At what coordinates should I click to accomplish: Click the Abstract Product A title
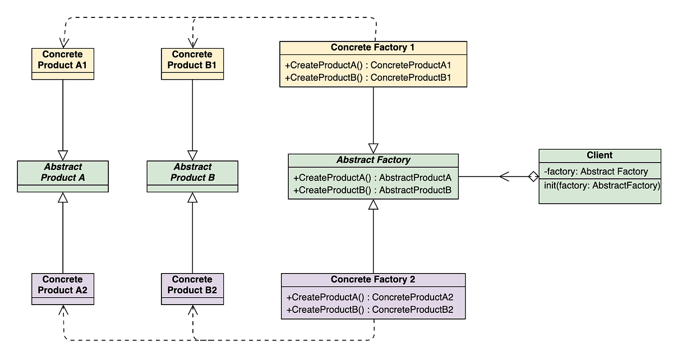click(62, 172)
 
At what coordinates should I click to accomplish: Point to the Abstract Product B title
click(192, 172)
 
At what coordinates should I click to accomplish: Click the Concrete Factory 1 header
click(373, 47)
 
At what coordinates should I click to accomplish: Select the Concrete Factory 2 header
click(373, 279)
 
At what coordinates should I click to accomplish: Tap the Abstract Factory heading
click(373, 160)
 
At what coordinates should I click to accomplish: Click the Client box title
click(600, 155)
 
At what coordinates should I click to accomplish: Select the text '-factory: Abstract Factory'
click(596, 172)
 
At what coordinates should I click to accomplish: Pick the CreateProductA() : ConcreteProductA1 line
click(368, 65)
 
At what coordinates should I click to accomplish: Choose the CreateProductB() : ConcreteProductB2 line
click(370, 310)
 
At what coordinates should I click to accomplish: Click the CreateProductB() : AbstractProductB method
click(372, 190)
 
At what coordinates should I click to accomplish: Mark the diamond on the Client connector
click(533, 177)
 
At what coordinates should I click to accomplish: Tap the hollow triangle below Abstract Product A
click(63, 197)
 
